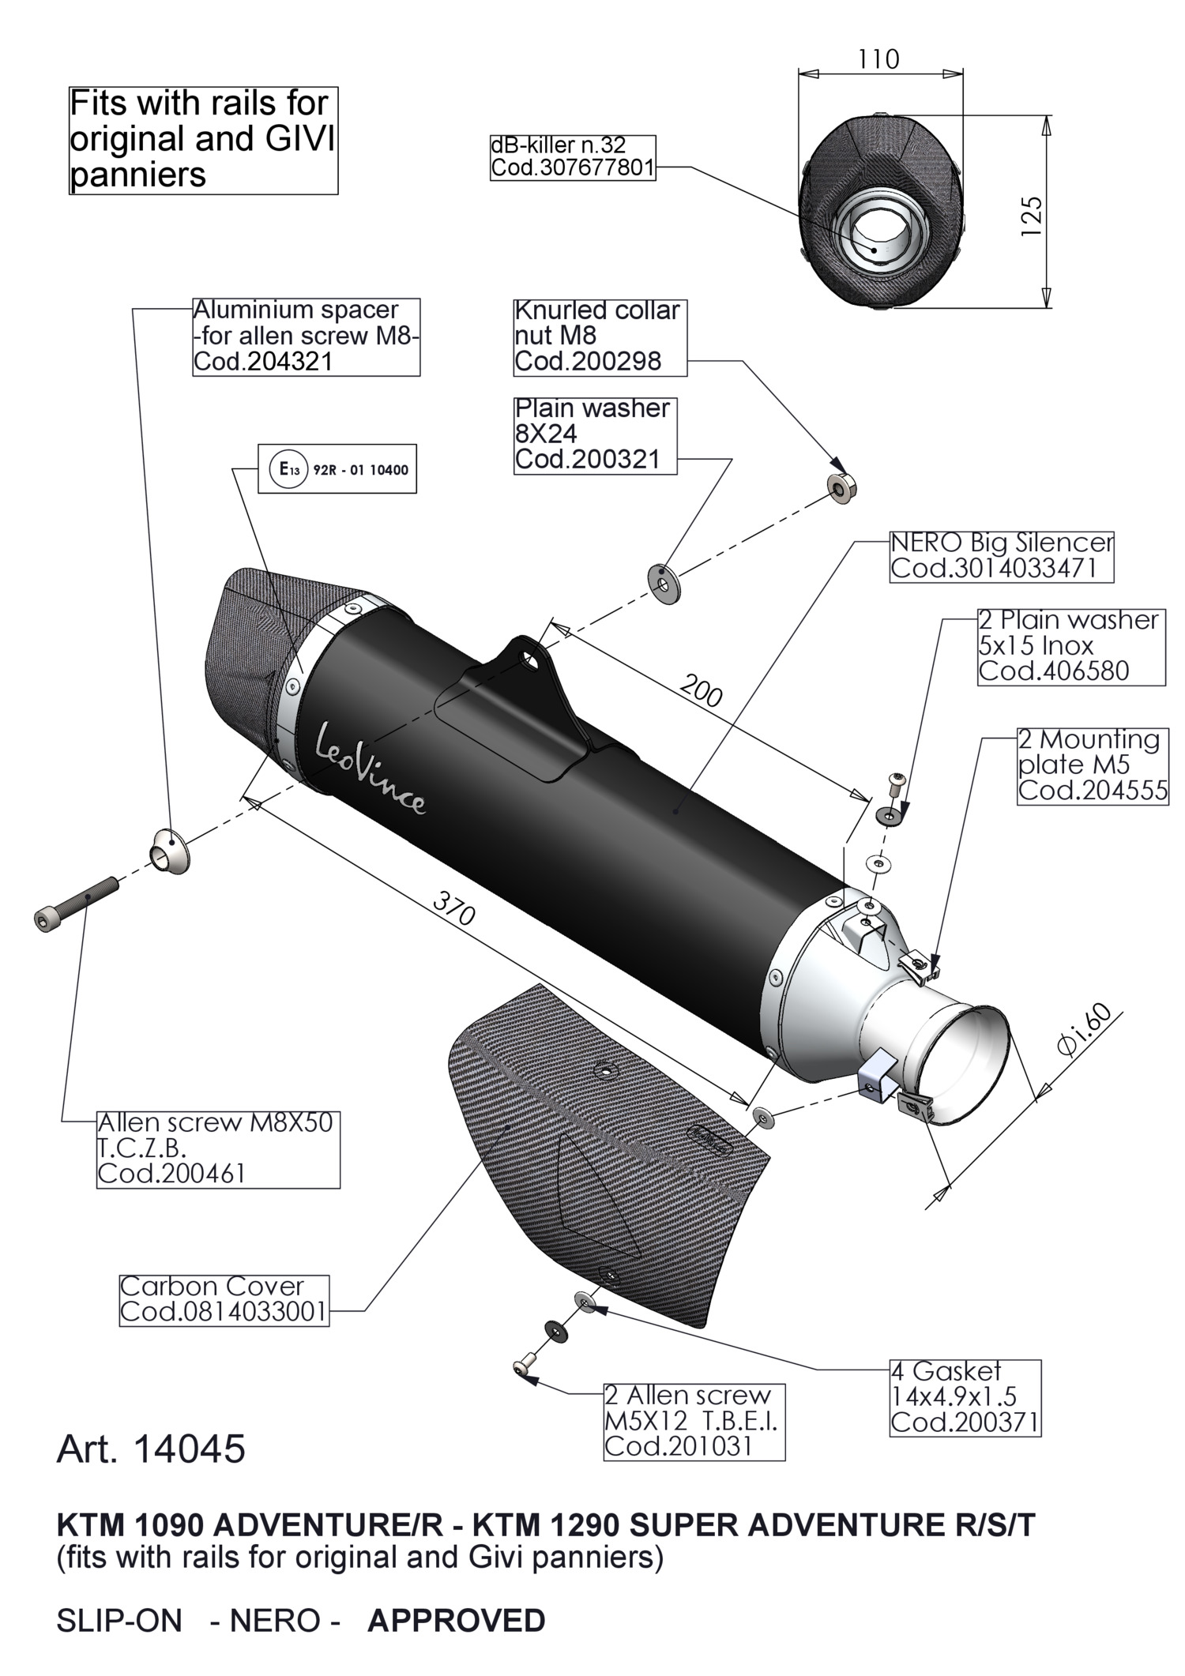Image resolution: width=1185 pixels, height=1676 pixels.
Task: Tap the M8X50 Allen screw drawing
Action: pos(77,903)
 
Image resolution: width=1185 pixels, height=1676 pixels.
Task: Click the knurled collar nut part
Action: pos(842,487)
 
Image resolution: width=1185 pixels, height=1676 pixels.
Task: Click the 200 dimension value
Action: pos(701,691)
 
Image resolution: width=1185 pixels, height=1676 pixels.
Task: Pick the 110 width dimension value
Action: pos(878,60)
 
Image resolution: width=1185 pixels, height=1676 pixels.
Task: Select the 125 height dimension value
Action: pos(1032,215)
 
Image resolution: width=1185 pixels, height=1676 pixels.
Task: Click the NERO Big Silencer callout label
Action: pos(1001,556)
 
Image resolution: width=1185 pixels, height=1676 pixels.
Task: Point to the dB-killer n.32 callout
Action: pos(572,156)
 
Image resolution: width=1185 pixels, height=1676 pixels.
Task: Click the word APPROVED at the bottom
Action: pos(456,1621)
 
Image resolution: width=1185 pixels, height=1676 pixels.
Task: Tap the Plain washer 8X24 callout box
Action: pos(595,434)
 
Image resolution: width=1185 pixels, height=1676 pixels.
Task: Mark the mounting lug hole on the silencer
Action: pos(529,656)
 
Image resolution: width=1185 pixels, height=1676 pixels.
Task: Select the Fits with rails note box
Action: pos(203,140)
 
